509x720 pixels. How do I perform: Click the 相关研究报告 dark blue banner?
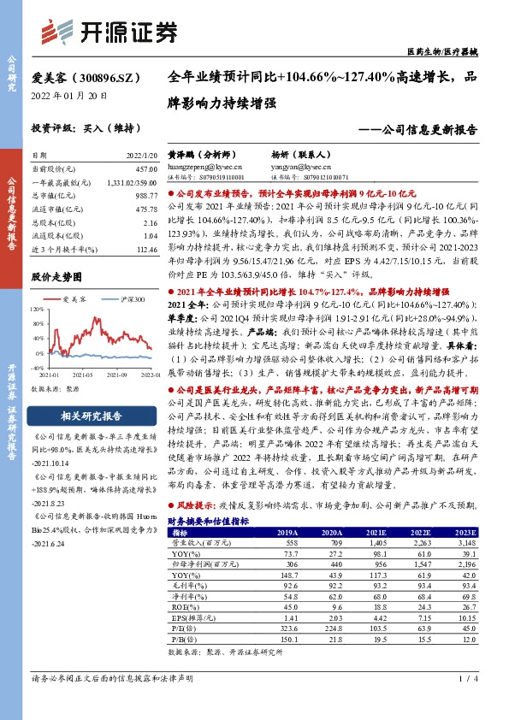[x=82, y=416]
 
